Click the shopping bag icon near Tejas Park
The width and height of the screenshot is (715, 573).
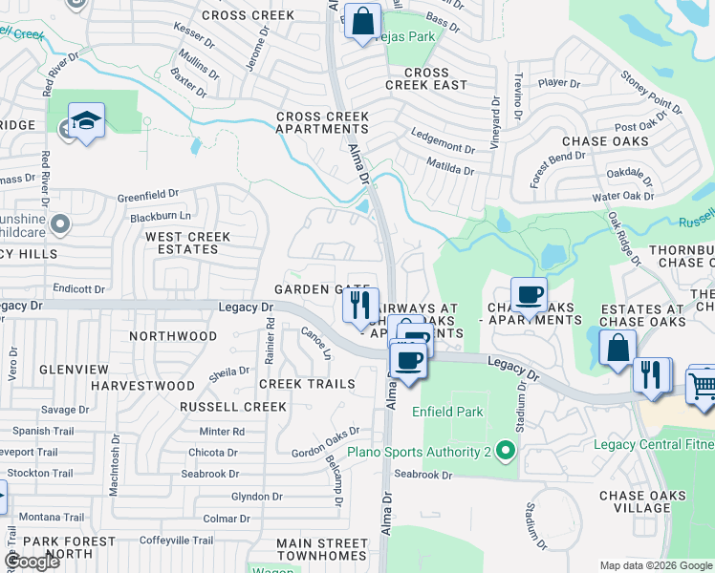coord(363,22)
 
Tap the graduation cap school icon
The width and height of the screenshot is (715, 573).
coord(86,121)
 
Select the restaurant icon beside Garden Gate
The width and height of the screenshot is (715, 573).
coord(359,306)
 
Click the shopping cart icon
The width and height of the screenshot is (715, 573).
coord(702,386)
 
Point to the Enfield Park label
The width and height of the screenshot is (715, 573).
coord(447,412)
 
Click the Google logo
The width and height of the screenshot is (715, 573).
coord(32,562)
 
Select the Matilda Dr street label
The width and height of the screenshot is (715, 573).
coord(447,170)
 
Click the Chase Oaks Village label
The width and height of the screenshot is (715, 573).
coord(641,501)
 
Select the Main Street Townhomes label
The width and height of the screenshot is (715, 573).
coord(321,549)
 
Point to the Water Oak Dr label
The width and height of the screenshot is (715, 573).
coord(623,197)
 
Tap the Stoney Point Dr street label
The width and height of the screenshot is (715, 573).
coord(652,91)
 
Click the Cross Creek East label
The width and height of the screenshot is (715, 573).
coord(426,78)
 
